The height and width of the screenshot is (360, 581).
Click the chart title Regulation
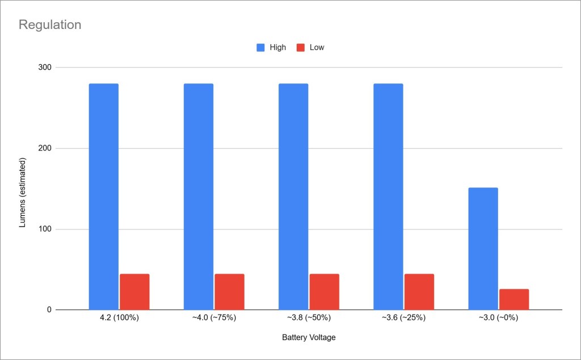click(50, 25)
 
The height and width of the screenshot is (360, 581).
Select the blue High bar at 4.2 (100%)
click(104, 196)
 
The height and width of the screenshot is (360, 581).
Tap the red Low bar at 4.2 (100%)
click(134, 292)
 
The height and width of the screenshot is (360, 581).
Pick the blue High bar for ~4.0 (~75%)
click(199, 196)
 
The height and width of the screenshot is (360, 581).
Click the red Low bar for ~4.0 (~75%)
click(229, 292)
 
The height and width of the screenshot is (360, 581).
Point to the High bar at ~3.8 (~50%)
click(293, 196)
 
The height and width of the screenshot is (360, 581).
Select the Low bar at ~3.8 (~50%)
click(324, 292)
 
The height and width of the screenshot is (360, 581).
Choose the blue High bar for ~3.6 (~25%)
click(388, 196)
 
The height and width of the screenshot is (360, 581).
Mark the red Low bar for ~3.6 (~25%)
click(419, 292)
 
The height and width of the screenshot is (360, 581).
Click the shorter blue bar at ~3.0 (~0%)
click(483, 249)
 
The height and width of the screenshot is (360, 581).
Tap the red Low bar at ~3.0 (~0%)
click(514, 299)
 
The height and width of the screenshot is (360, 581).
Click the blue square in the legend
click(261, 48)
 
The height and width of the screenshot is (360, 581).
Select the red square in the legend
click(301, 48)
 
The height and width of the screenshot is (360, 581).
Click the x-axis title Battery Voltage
click(309, 338)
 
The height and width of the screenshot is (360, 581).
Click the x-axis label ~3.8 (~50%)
click(309, 318)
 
